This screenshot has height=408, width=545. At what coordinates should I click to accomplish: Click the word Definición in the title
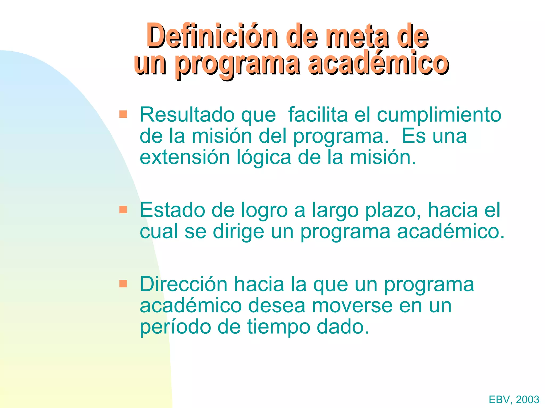[212, 36]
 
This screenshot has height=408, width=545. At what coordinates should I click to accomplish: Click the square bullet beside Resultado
[123, 114]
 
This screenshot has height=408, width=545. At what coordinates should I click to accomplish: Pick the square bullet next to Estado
[123, 210]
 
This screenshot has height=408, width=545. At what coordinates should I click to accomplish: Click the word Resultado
[187, 115]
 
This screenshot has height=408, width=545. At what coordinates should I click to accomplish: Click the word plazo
[393, 211]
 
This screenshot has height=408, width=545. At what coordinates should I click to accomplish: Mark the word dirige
[238, 232]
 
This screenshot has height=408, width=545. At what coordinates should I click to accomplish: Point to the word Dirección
[184, 284]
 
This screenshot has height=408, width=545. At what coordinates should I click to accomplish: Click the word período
[175, 327]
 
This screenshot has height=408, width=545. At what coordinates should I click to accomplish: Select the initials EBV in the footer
[499, 399]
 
